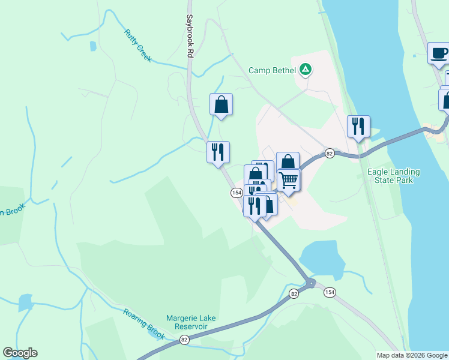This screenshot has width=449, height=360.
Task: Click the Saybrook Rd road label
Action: coord(190,37)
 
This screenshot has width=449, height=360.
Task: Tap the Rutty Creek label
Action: coord(137,46)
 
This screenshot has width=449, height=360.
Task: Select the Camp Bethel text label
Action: coord(273,70)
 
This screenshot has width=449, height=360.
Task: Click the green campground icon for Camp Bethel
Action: coord(306,70)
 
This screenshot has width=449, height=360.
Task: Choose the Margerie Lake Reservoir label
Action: coord(191,322)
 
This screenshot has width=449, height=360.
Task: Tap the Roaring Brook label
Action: coord(144,323)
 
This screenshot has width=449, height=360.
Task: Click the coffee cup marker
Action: coord(439,53)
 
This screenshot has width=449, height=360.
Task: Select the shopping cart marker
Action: coord(288,180)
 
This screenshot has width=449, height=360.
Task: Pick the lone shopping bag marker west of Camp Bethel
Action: coord(221,104)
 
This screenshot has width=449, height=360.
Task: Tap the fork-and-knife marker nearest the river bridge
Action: coord(358,127)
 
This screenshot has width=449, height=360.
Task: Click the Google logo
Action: coord(20,353)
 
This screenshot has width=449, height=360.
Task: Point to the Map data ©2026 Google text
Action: coord(412,355)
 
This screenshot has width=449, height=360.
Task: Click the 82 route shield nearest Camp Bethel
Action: coord(330,153)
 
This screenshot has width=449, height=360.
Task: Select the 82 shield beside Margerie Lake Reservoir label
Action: coord(184,340)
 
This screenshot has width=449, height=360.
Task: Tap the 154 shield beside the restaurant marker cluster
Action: coord(236,192)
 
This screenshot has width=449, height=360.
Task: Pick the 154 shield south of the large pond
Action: coord(330,292)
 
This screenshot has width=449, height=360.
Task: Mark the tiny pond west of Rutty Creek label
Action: coord(92,46)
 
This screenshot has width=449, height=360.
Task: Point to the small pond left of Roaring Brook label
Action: coord(26,302)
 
